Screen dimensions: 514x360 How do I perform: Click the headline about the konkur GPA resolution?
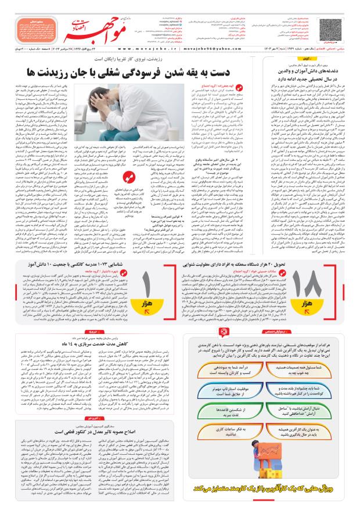(82, 432)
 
